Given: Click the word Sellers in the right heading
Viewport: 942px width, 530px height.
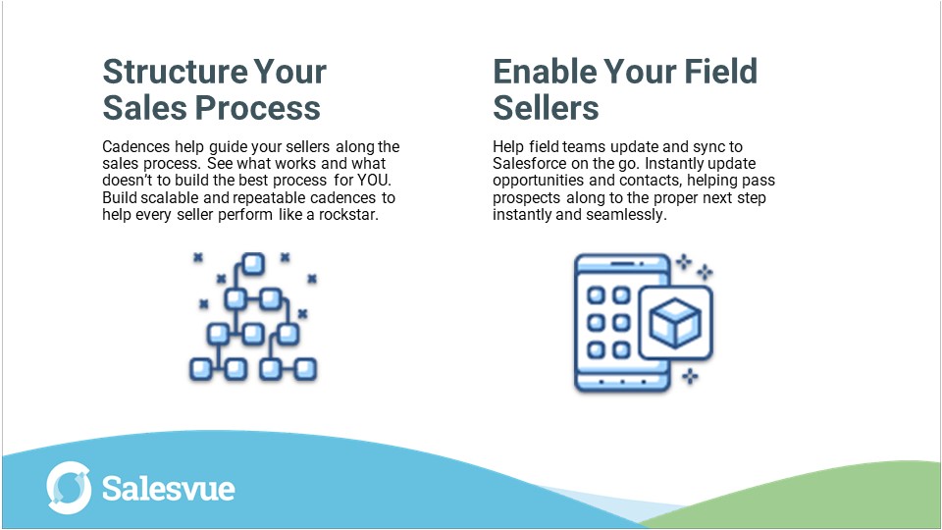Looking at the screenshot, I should point(546,106).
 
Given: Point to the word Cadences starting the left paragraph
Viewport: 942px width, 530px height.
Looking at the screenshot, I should point(135,147).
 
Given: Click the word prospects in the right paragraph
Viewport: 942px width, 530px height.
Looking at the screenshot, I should point(528,197).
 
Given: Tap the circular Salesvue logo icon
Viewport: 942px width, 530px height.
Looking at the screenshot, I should point(69,488).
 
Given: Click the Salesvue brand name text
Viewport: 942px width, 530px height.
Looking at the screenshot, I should point(168,488).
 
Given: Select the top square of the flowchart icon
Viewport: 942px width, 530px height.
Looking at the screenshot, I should point(252,263).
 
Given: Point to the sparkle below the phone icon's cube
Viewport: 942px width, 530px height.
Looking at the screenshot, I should point(690,374).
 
